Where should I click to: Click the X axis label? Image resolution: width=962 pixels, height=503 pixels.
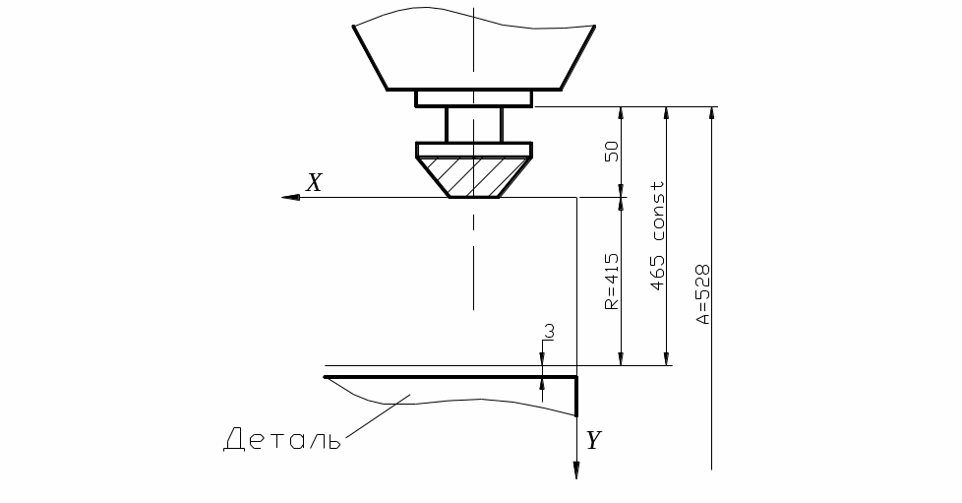tap(314, 182)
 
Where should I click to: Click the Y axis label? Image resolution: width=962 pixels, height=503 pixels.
tap(593, 440)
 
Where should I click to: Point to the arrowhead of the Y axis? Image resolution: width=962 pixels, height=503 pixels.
tap(576, 470)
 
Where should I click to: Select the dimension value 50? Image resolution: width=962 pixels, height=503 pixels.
tap(612, 152)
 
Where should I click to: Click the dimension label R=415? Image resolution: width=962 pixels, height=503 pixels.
tap(612, 282)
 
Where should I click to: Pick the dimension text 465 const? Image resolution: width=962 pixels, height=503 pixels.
tap(657, 236)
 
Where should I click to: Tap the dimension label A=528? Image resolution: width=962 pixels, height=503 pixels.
tap(702, 294)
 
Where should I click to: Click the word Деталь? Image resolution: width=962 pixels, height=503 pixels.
tap(281, 440)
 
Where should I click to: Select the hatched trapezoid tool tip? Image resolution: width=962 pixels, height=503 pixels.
tap(474, 177)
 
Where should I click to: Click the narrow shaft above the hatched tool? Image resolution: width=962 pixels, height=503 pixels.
tap(474, 125)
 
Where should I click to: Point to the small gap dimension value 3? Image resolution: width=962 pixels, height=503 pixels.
tap(550, 332)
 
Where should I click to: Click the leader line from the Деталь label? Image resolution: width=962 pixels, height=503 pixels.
tap(378, 417)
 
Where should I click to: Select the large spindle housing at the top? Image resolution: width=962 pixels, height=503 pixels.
tap(474, 50)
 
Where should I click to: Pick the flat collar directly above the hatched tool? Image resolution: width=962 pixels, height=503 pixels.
tap(474, 150)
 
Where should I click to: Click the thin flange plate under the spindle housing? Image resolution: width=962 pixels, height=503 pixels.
tap(474, 98)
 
